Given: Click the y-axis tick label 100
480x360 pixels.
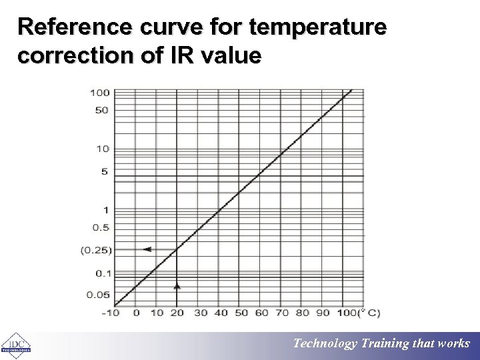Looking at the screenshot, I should [100, 92].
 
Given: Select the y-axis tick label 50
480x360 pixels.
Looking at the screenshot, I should [101, 110].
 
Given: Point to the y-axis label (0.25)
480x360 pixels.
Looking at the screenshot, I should [96, 250].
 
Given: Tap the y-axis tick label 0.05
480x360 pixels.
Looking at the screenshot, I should [98, 295].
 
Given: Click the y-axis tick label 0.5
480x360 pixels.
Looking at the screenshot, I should [101, 227].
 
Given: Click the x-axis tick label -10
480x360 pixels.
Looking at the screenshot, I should [111, 313].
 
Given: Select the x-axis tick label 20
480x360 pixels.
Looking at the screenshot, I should [177, 313].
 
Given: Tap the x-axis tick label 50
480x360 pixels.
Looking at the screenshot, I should [241, 313].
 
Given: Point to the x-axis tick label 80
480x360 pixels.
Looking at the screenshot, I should [303, 313].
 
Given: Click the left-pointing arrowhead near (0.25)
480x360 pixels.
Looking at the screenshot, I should [147, 249].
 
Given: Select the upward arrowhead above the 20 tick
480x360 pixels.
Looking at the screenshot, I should [177, 285].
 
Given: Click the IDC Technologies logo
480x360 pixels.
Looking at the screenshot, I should [15, 345].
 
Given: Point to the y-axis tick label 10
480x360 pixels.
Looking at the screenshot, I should [103, 149].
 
